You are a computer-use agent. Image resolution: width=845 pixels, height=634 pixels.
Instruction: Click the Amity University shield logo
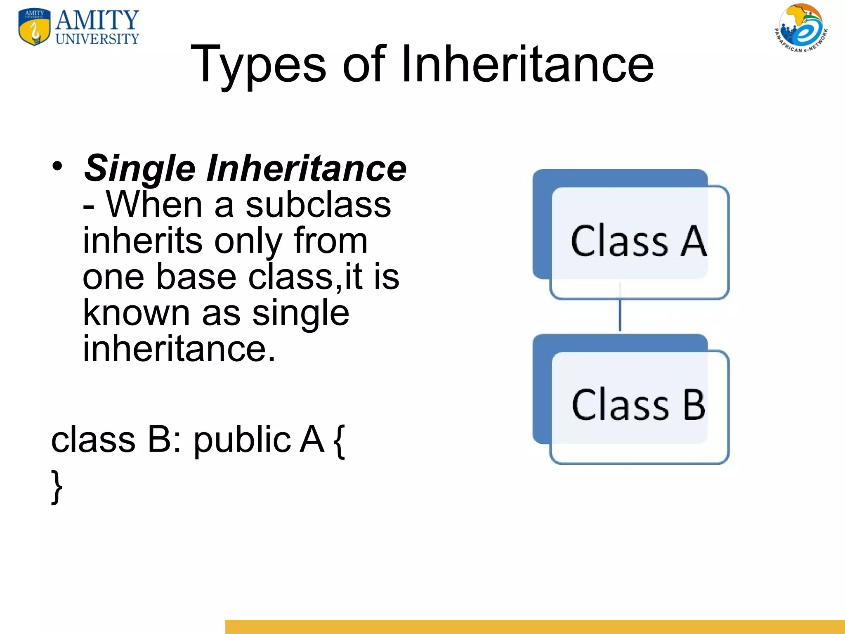point(35,27)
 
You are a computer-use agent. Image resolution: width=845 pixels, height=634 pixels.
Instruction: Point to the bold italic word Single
point(139,168)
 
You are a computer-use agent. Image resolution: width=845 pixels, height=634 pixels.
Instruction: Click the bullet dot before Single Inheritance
point(57,166)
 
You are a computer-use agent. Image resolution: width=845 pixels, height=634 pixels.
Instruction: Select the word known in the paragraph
point(137,312)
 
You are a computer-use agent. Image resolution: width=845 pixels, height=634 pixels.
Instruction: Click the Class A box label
point(639,241)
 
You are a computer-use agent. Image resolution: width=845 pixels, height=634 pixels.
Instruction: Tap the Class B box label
point(639,405)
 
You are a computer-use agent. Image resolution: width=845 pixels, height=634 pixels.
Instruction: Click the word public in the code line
point(242,440)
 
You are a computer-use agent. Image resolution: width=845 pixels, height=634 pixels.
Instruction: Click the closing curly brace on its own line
point(57,487)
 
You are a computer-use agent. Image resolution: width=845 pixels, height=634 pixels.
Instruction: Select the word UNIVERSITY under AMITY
point(97,39)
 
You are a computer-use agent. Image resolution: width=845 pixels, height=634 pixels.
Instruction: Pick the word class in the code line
point(93,439)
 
